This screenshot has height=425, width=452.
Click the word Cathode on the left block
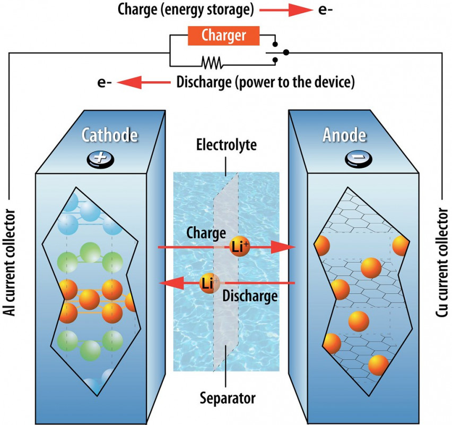[110, 135]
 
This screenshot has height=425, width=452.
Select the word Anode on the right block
[344, 135]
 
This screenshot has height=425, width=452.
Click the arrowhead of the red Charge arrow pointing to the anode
[285, 248]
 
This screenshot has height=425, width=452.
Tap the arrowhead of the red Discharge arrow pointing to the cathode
[169, 283]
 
